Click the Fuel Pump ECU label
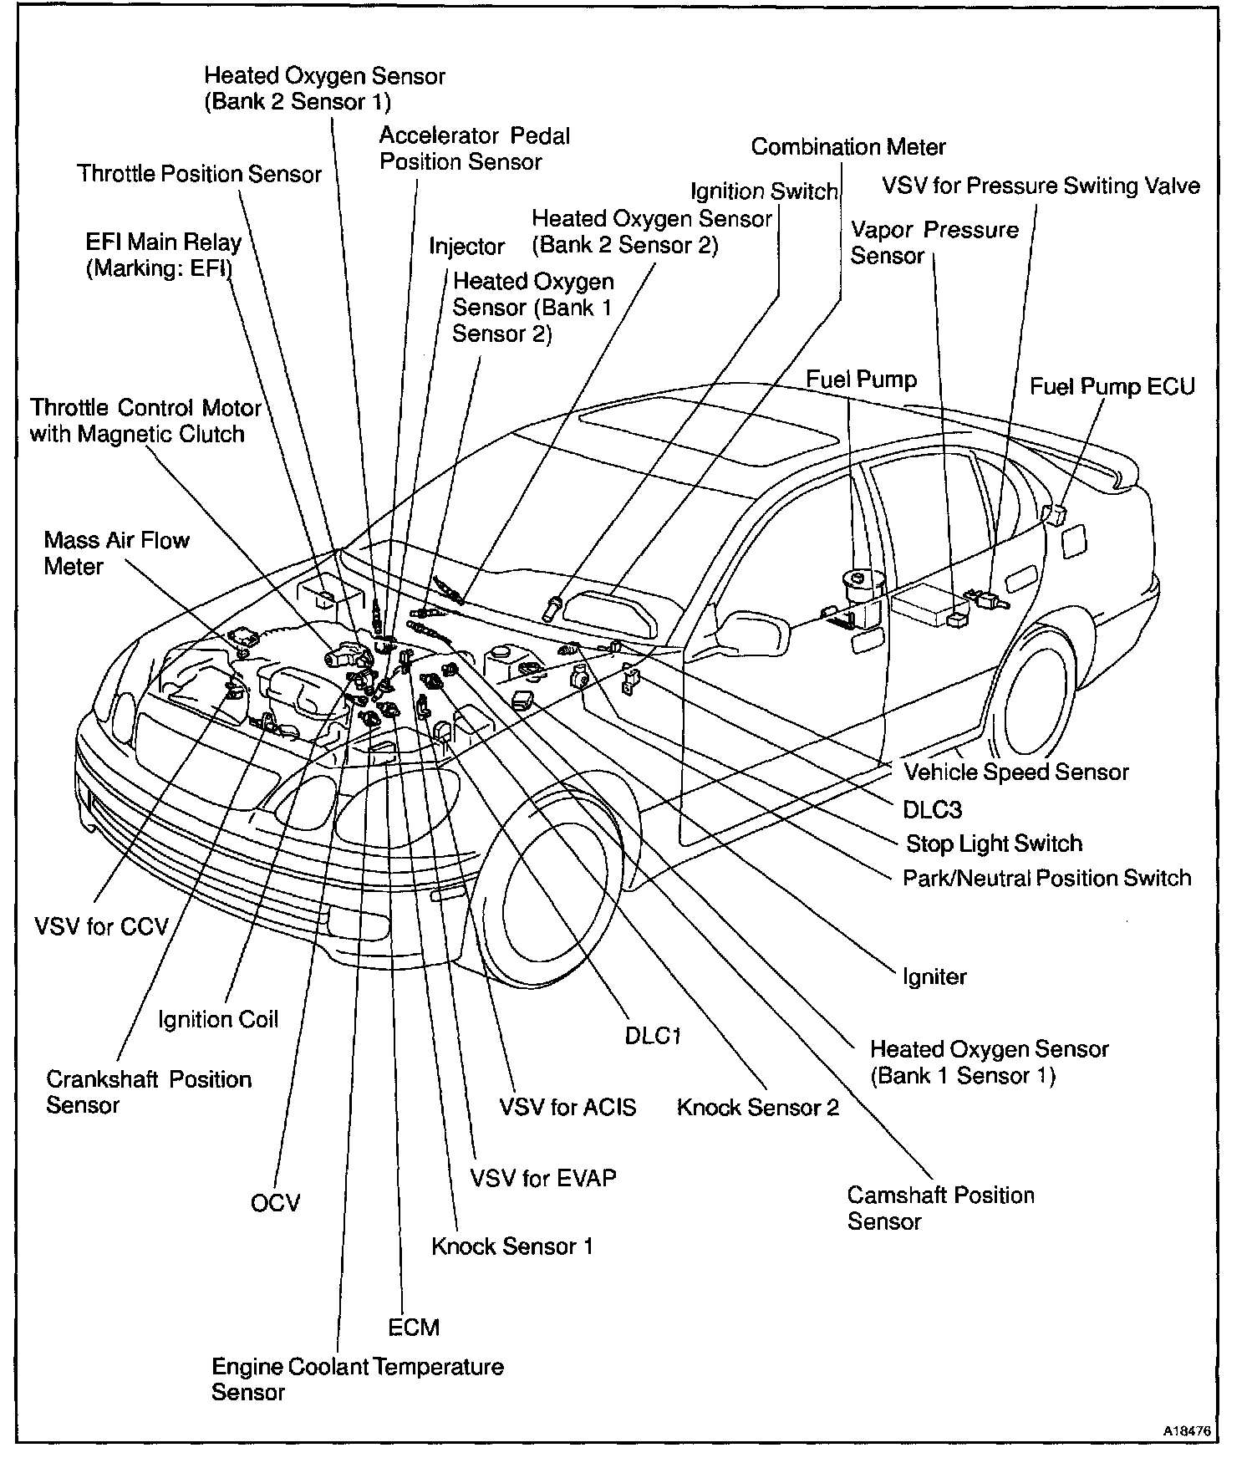click(1112, 386)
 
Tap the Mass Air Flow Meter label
click(116, 553)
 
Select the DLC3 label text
click(932, 808)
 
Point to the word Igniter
click(934, 976)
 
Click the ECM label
click(414, 1327)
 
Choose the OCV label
click(275, 1203)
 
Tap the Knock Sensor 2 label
click(757, 1108)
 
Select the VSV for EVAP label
click(543, 1178)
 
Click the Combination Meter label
click(848, 147)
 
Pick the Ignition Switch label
click(764, 191)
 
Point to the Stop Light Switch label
click(994, 843)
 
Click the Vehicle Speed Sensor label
click(1015, 772)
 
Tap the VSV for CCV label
click(101, 926)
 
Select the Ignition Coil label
click(218, 1020)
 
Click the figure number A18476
click(1186, 1430)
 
